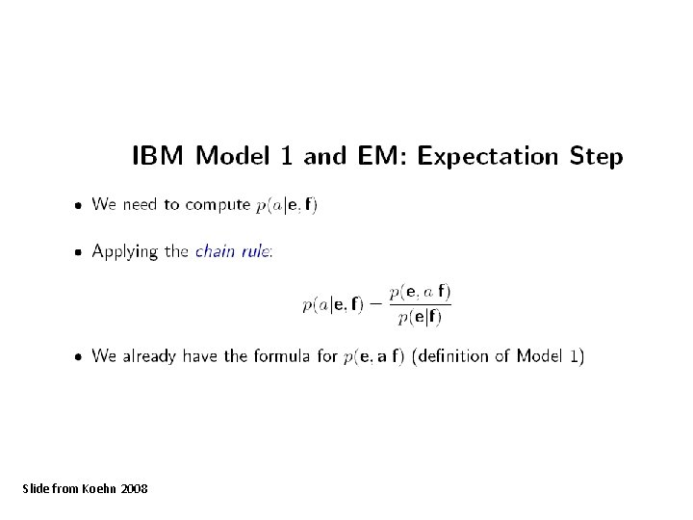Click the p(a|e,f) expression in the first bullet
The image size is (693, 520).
[x=287, y=205]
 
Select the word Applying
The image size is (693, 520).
[x=124, y=252]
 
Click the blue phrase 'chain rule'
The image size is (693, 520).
[x=234, y=251]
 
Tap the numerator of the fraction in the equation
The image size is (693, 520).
[x=420, y=291]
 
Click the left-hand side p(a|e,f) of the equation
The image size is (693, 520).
[x=333, y=305]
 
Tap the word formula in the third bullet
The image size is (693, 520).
[x=282, y=356]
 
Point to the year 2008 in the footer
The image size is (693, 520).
[x=136, y=489]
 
